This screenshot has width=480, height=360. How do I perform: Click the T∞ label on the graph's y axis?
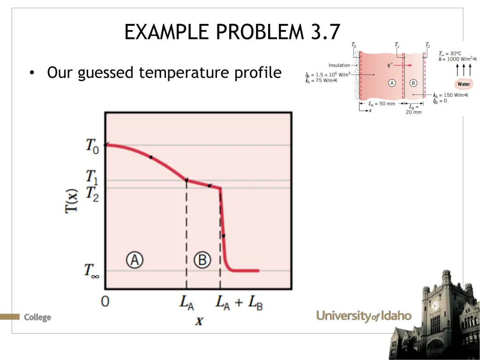[91, 270]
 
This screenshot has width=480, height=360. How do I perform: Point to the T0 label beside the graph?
[92, 146]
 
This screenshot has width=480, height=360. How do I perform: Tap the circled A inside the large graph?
[135, 259]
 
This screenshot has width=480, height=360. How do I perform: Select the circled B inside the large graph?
[202, 259]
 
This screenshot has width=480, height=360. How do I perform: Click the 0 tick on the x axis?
[105, 301]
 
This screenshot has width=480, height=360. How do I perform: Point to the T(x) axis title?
[72, 201]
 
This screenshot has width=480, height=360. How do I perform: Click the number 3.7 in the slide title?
[324, 32]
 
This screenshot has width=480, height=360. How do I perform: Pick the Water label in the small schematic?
[463, 84]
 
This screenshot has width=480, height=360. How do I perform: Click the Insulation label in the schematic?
[339, 65]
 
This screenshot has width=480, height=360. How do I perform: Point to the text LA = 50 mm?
[382, 104]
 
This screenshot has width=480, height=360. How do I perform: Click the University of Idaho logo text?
[364, 316]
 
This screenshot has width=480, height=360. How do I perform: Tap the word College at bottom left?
[37, 317]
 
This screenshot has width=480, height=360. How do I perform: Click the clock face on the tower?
[435, 306]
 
